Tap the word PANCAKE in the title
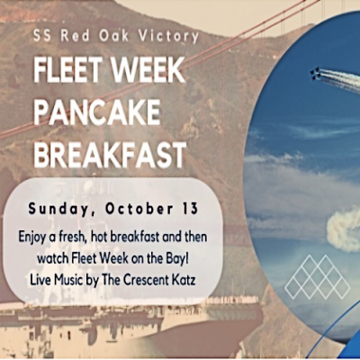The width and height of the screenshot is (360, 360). pos(98,112)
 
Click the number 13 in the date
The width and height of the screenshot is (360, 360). pos(184,209)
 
